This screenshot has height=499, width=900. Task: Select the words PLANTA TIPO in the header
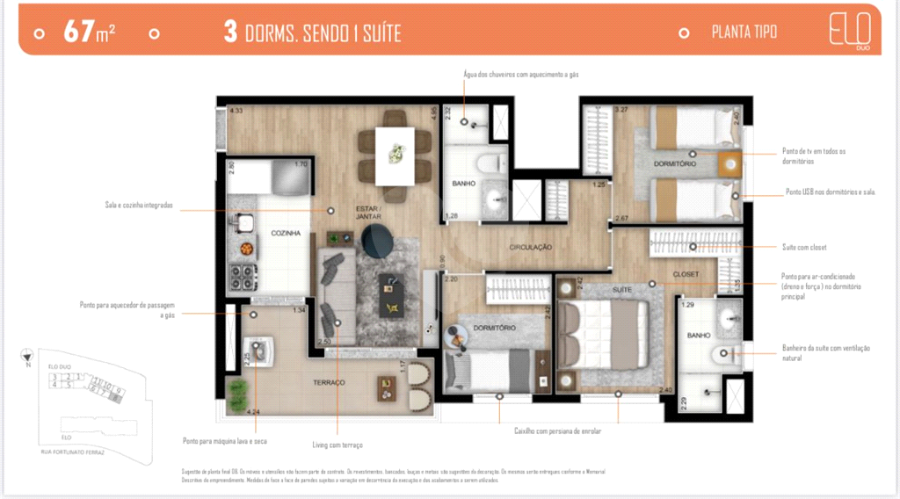(744, 33)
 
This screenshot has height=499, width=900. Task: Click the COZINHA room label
(287, 234)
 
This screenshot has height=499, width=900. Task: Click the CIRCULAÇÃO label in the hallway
(530, 248)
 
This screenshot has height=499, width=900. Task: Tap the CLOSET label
(686, 274)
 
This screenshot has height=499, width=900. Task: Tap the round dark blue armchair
(380, 241)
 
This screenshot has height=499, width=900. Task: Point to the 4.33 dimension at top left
(236, 112)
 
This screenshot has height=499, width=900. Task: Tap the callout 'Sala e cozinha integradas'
(138, 206)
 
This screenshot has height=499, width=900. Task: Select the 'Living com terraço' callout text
(337, 445)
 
